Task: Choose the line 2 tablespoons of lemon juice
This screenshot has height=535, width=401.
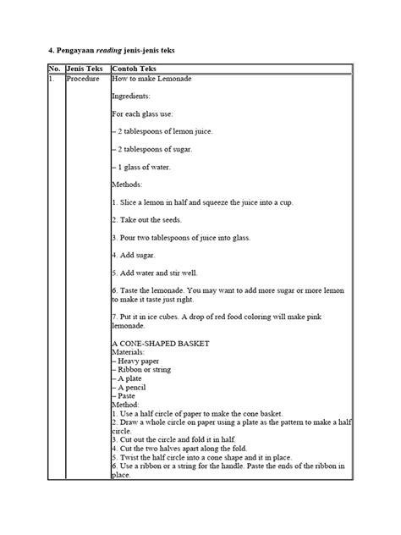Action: point(163,130)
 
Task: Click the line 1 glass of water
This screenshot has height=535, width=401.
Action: point(143,167)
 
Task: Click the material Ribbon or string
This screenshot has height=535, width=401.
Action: point(144,370)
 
